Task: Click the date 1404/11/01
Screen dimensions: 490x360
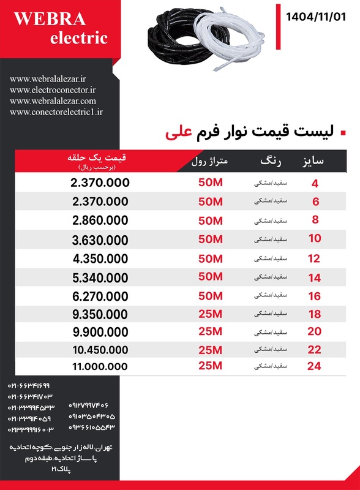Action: point(316,17)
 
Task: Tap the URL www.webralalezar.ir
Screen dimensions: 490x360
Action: point(48,79)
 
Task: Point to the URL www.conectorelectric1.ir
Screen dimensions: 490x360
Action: point(56,112)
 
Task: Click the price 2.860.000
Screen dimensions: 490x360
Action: point(100,221)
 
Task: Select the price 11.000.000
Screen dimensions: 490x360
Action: point(100,366)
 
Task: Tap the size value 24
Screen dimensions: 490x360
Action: point(314,366)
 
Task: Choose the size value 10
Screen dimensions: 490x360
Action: point(315,239)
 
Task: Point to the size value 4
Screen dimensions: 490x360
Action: point(315,183)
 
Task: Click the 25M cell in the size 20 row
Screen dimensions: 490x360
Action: point(210,331)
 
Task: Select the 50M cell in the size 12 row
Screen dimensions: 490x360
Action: point(210,257)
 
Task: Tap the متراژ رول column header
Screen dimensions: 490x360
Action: point(209,162)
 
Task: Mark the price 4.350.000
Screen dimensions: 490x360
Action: point(100,258)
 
